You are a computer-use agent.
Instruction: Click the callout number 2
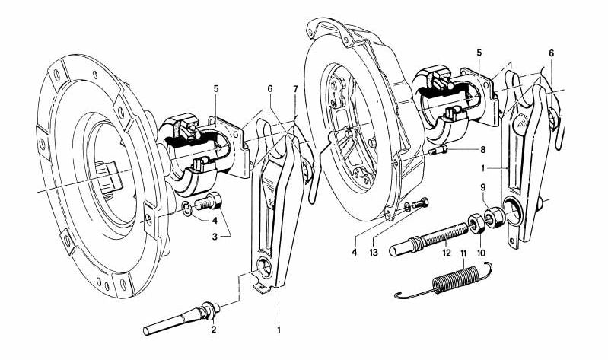point(214,330)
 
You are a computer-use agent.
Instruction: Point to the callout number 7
point(296,90)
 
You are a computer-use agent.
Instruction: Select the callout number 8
point(461,151)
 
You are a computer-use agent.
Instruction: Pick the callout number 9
point(482,187)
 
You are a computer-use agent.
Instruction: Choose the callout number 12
point(447,252)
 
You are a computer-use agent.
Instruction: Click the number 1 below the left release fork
point(279,330)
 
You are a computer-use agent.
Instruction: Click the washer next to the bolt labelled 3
point(186,208)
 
